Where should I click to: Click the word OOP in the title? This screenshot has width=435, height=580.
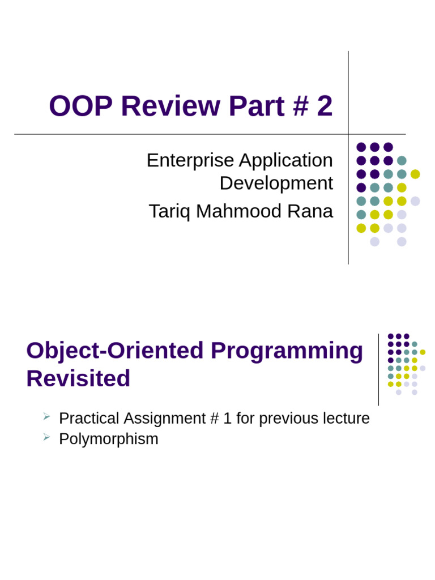80,106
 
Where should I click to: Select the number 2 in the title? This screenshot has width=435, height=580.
325,106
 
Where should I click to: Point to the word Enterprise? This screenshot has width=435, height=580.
190,160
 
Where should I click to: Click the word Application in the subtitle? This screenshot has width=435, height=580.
286,160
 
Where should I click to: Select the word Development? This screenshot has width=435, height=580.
276,184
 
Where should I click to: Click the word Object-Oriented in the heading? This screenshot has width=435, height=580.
115,351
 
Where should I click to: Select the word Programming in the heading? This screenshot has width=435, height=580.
287,351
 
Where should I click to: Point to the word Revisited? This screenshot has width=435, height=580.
78,378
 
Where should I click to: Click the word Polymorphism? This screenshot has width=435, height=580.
109,439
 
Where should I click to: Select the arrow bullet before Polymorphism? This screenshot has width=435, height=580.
47,437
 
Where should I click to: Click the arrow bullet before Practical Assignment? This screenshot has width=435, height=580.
47,417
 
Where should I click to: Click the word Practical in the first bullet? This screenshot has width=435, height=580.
89,419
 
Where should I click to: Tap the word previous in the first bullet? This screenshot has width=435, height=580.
287,419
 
